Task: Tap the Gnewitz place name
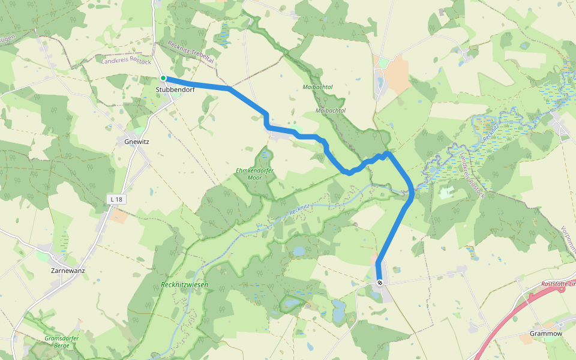[136, 142]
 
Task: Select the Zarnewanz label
[68, 270]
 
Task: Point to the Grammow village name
[546, 333]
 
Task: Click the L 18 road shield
[116, 199]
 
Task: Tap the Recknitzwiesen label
[184, 284]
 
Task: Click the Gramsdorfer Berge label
[62, 342]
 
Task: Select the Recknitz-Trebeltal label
[191, 53]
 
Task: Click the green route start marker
[163, 78]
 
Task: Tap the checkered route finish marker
[380, 283]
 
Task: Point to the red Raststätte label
[558, 283]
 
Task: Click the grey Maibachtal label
[331, 111]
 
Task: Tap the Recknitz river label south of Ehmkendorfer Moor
[299, 210]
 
